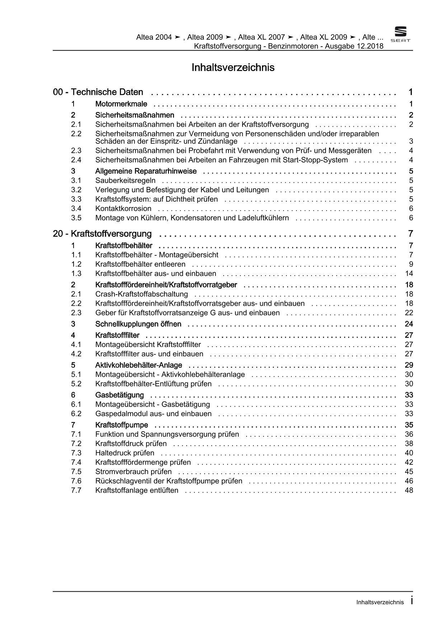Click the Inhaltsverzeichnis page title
point(233,67)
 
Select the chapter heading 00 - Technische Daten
point(98,92)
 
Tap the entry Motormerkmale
point(121,104)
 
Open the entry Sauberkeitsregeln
point(125,180)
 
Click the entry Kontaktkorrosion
point(123,208)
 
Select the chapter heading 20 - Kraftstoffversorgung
point(102,234)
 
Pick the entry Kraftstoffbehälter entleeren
point(140,264)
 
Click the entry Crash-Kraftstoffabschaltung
point(141,294)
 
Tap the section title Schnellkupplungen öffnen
point(138,324)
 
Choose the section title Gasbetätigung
point(120,395)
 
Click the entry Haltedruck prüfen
point(125,453)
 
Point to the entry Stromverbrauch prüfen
point(133,471)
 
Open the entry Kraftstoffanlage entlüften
point(137,490)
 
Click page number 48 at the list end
point(409,490)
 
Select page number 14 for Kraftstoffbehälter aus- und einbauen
point(409,273)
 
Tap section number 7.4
point(76,462)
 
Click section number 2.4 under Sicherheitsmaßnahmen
point(76,160)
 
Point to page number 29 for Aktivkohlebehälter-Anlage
point(409,365)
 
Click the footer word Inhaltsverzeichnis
point(380,602)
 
